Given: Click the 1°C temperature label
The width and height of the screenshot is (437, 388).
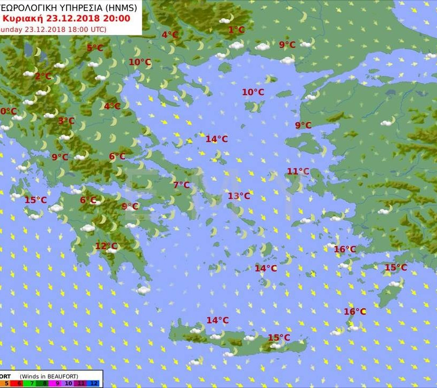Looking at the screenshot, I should coord(236,30).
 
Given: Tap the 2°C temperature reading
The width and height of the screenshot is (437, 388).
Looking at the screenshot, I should coord(43,76).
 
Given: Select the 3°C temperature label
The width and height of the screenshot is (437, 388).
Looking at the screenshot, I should coord(66,121).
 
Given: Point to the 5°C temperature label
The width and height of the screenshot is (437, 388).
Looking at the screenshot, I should coord(95,48).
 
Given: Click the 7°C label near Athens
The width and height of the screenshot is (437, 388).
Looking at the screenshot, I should coord(181,185).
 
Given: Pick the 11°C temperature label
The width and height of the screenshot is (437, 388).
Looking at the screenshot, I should coord(298,171).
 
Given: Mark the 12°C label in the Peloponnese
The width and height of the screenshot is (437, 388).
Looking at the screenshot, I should coord(106,246).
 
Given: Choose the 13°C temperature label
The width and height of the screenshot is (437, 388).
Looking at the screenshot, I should coord(239,196).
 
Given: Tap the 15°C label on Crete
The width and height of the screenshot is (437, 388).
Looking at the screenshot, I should coord(279,337).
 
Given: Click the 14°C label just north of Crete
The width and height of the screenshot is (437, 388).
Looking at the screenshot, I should coord(217,320).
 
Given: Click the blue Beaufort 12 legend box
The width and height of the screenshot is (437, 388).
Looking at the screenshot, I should coord(93,383).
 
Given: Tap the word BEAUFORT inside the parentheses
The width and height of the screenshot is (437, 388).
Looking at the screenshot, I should coord(76,376).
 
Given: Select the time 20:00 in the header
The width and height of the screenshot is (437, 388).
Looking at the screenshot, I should coord(124,18).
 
